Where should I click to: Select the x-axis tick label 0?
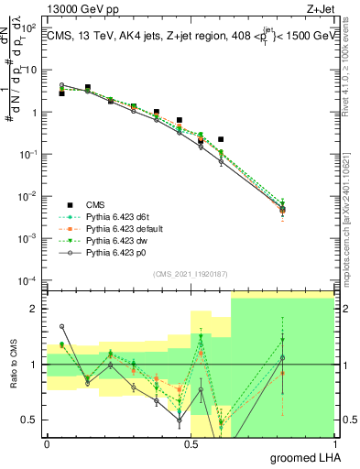tap(48, 442)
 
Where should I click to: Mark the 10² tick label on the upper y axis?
tap(27, 28)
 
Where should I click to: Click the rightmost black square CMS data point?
tap(221, 139)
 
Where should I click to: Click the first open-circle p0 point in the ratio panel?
tap(62, 326)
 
